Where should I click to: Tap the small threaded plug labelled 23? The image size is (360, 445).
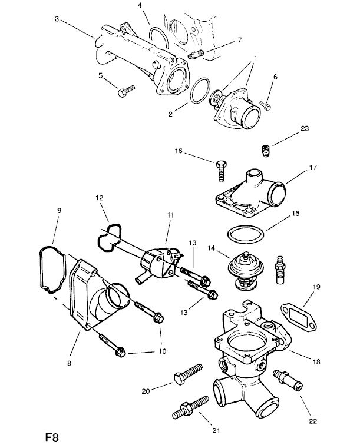[266, 151]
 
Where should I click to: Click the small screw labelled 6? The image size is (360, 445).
[266, 105]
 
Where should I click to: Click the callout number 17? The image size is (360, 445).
[313, 167]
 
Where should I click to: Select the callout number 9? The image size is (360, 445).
[59, 210]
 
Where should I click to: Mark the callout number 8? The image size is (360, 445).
[69, 364]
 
